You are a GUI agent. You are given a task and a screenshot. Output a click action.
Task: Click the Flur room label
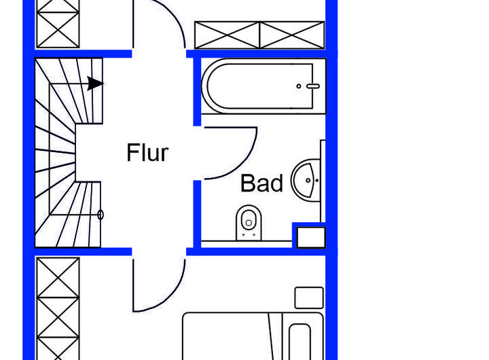click(x=147, y=153)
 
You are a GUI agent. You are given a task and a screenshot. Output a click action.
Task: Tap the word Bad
click(x=261, y=183)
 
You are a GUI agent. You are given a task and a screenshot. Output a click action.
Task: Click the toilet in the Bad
click(x=249, y=223)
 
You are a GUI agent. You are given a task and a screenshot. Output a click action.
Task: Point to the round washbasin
click(x=306, y=181)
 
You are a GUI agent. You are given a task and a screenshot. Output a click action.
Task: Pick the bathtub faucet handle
click(x=312, y=86)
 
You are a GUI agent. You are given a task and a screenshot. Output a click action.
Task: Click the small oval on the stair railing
click(x=101, y=215)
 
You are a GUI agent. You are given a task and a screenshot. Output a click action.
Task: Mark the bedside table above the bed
click(x=309, y=298)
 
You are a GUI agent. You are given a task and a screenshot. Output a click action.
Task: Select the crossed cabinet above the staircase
click(x=58, y=24)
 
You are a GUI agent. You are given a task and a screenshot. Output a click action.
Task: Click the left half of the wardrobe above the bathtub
click(x=228, y=35)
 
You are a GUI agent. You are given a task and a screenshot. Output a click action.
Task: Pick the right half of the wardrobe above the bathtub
click(x=292, y=35)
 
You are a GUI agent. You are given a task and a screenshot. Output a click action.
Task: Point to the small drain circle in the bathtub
click(x=299, y=86)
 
